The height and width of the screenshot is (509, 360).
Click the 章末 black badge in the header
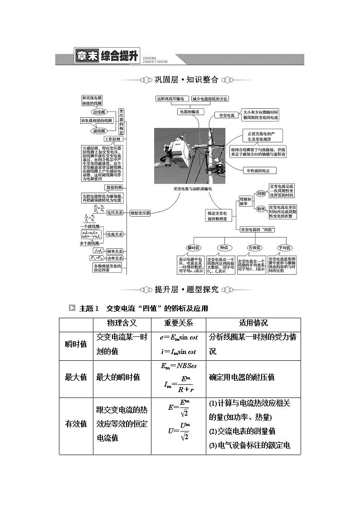pos(86,57)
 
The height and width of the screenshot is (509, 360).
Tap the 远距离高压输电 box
pos(170,98)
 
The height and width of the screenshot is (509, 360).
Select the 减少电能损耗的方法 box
pos(209,98)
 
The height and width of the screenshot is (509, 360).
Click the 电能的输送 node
pos(189,111)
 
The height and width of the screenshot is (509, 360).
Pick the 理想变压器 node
pos(140,213)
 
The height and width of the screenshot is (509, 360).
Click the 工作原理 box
pos(113,139)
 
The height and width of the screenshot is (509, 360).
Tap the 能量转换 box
pos(113,187)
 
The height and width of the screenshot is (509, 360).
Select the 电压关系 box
pos(114,212)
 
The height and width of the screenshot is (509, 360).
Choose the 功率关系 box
pos(114,258)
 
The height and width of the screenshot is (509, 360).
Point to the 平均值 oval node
pos(284,248)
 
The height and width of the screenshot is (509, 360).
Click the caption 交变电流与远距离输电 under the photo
pos(192,189)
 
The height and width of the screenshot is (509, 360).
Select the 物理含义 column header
pos(122,323)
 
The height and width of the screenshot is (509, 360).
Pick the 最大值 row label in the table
pos(76,377)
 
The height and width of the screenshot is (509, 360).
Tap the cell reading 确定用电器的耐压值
pos(242,377)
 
